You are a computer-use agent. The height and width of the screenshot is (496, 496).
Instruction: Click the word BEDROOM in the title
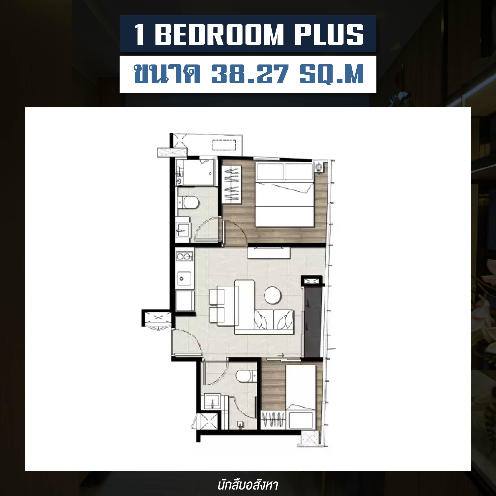point(219,35)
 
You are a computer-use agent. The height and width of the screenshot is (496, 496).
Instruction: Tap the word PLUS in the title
point(329,35)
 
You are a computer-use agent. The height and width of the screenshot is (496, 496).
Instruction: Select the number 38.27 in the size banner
point(250,74)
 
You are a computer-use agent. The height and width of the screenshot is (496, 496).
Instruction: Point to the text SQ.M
point(332,74)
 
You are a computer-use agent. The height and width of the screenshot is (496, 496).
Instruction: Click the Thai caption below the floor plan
point(248,485)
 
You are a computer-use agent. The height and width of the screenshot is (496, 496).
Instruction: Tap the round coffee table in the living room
point(273,296)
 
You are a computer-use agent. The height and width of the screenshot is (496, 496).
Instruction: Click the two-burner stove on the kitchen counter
point(184,256)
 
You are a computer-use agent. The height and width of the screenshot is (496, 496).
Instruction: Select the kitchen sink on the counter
point(184,279)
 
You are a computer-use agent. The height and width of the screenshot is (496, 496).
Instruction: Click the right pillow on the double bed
point(299,172)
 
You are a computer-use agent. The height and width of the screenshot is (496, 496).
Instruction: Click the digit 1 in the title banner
point(139,35)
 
